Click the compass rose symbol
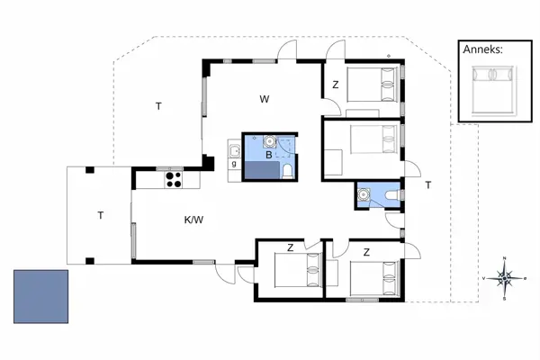pos(505,278)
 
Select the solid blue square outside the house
pos(41,297)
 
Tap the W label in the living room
pos(265,98)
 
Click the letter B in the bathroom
pos(267,156)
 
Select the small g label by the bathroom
pos(234,164)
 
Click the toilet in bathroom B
pos(287,170)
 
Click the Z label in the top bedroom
pos(335,85)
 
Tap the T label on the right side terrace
pos(428,184)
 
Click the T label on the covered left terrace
pos(100,214)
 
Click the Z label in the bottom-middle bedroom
pos(290,247)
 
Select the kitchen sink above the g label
pos(233,150)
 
